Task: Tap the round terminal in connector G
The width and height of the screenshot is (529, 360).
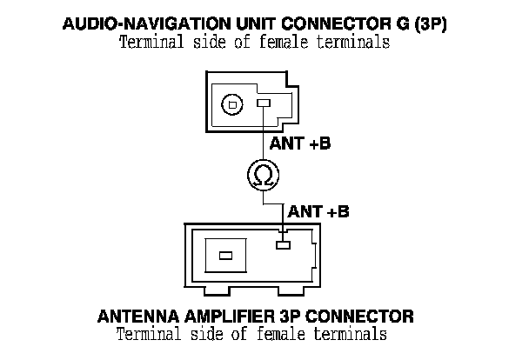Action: pos(231,105)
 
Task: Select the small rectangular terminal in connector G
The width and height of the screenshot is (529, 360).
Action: pos(264,104)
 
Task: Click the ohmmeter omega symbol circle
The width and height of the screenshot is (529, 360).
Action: pos(261,177)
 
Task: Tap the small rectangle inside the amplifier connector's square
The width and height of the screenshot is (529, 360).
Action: pos(225,256)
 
